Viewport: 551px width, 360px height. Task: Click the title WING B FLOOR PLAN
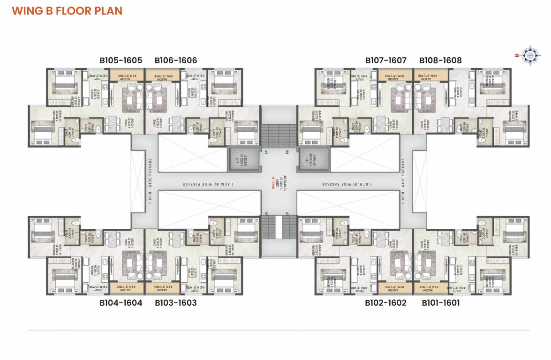tap(67, 11)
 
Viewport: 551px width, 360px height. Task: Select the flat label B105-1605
tap(121, 60)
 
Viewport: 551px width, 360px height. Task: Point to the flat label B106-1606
tap(176, 60)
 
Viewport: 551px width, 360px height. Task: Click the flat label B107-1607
tap(386, 60)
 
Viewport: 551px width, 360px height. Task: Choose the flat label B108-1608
tap(440, 60)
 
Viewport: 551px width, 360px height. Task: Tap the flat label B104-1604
tap(121, 303)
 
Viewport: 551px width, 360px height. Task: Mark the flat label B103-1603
tap(176, 303)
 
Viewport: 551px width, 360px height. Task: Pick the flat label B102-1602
tap(386, 303)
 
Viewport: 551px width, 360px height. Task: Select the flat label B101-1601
tap(440, 303)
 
